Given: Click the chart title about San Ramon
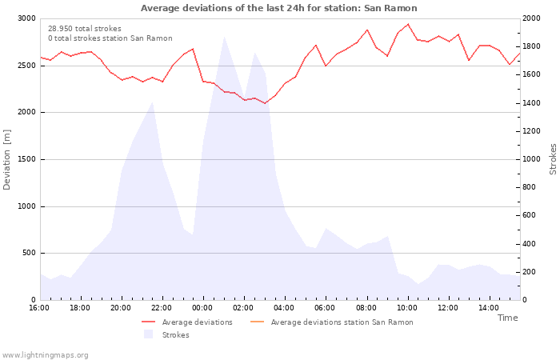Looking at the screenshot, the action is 279,8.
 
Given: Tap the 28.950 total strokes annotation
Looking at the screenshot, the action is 85,29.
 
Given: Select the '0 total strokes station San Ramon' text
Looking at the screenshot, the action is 110,38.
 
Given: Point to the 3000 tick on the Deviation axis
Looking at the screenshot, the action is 26,18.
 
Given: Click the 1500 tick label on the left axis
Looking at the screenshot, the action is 26,159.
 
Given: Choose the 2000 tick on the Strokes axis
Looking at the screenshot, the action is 531,18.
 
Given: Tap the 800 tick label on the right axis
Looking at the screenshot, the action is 530,187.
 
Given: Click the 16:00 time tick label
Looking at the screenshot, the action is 39,308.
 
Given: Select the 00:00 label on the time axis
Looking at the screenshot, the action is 202,308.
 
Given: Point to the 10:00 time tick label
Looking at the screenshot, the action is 406,308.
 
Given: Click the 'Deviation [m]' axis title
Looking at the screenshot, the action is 6,160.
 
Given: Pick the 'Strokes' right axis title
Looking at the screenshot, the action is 554,159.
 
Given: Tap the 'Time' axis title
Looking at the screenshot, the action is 508,318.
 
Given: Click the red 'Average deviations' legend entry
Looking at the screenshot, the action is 187,322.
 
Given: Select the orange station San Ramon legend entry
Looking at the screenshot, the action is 332,322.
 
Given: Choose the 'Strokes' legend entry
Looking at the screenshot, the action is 166,334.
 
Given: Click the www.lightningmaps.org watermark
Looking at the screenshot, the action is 45,355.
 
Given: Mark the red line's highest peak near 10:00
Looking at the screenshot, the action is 408,24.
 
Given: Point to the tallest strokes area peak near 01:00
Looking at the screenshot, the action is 224,37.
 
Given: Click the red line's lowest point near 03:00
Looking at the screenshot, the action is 265,103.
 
